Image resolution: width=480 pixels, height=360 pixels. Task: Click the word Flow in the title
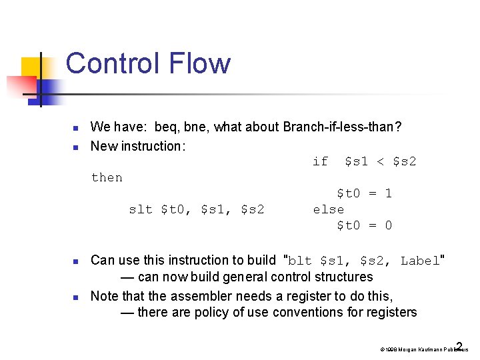203,64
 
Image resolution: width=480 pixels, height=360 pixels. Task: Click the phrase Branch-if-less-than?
342,127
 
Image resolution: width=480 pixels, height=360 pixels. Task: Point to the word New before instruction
103,145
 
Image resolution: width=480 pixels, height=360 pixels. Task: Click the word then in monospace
107,177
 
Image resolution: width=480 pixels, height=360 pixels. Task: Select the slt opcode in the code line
141,209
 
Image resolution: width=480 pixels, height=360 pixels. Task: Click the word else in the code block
329,209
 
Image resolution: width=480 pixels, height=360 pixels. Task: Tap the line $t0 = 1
364,193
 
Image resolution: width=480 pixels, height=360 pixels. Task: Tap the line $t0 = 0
364,225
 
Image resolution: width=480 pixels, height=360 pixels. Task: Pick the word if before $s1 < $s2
321,161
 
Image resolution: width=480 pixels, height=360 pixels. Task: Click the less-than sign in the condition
381,161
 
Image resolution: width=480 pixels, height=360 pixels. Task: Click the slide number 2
459,347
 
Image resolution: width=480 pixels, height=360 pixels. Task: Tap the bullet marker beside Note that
76,296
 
